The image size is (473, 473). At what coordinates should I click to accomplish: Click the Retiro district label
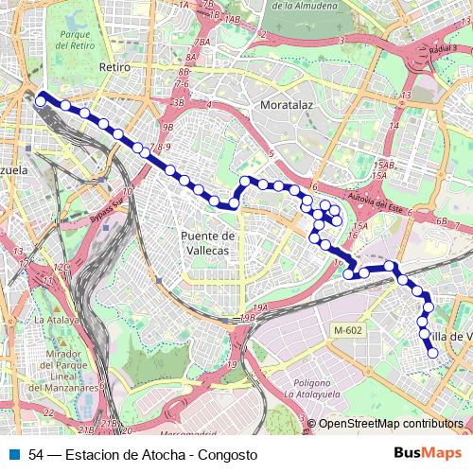[x=114, y=68]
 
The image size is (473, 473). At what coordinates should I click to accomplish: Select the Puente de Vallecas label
[x=206, y=243]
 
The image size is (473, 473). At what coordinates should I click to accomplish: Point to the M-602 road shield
[x=347, y=329]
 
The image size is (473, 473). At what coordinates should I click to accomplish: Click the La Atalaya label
[x=56, y=320]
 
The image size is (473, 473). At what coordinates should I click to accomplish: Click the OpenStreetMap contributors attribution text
[x=390, y=424]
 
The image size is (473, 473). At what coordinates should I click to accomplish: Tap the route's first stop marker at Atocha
[x=41, y=97]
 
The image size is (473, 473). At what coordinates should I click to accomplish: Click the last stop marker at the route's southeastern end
[x=433, y=354]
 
